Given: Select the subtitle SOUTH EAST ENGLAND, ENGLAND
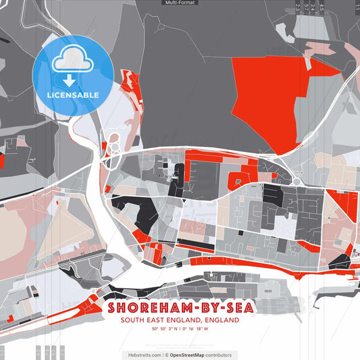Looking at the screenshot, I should [x=180, y=320].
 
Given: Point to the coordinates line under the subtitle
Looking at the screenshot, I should [x=180, y=329].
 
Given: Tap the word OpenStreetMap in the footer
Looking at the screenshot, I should [x=191, y=355].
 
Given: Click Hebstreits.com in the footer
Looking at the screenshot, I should [x=145, y=355].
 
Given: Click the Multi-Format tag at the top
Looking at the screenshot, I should [x=180, y=3].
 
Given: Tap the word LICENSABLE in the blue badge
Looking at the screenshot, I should [x=73, y=95].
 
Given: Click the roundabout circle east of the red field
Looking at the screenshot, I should [x=296, y=181].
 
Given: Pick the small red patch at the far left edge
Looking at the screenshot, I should [x=1, y=161].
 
